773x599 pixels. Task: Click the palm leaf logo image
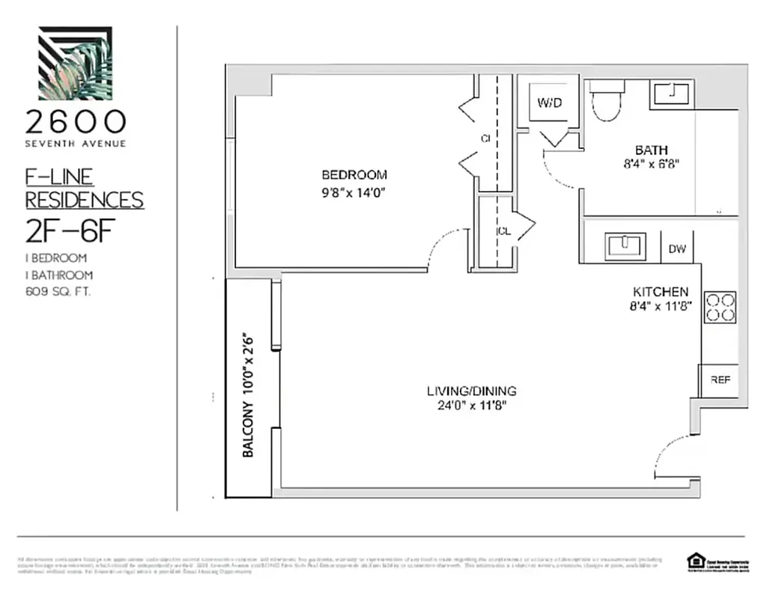(x=75, y=63)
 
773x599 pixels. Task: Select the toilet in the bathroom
(x=606, y=102)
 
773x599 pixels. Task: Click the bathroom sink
(x=673, y=94)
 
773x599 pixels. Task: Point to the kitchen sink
(x=624, y=245)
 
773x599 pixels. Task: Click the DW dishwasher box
(x=677, y=248)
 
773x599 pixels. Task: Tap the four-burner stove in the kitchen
(x=720, y=307)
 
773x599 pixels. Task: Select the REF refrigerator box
(x=719, y=380)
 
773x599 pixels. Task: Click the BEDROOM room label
(x=354, y=175)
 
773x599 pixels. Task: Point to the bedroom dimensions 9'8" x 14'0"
(x=354, y=192)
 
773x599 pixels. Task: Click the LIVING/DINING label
(x=471, y=391)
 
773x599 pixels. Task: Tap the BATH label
(x=651, y=150)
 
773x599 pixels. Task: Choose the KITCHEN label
(x=660, y=291)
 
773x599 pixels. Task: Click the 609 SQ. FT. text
(x=58, y=293)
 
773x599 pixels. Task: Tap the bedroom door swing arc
(x=446, y=248)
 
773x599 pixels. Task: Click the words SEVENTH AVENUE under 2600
(x=75, y=143)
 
